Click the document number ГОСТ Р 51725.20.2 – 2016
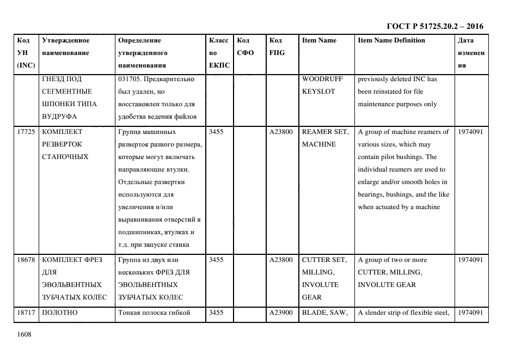tap(434, 26)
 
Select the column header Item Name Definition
tap(391, 40)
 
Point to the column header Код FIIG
tap(277, 46)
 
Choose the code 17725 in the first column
tap(26, 132)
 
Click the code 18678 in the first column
tap(26, 260)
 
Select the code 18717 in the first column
tap(26, 313)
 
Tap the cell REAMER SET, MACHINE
tap(326, 138)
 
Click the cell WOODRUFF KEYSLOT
tap(322, 85)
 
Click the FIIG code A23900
tap(281, 313)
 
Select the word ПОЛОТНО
tap(60, 313)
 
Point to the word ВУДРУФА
tap(59, 117)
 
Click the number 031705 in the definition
tap(128, 79)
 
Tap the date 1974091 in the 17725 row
tap(470, 132)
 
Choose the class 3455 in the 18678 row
tap(216, 260)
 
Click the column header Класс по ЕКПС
tap(219, 53)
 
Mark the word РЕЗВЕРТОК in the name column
tap(62, 144)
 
